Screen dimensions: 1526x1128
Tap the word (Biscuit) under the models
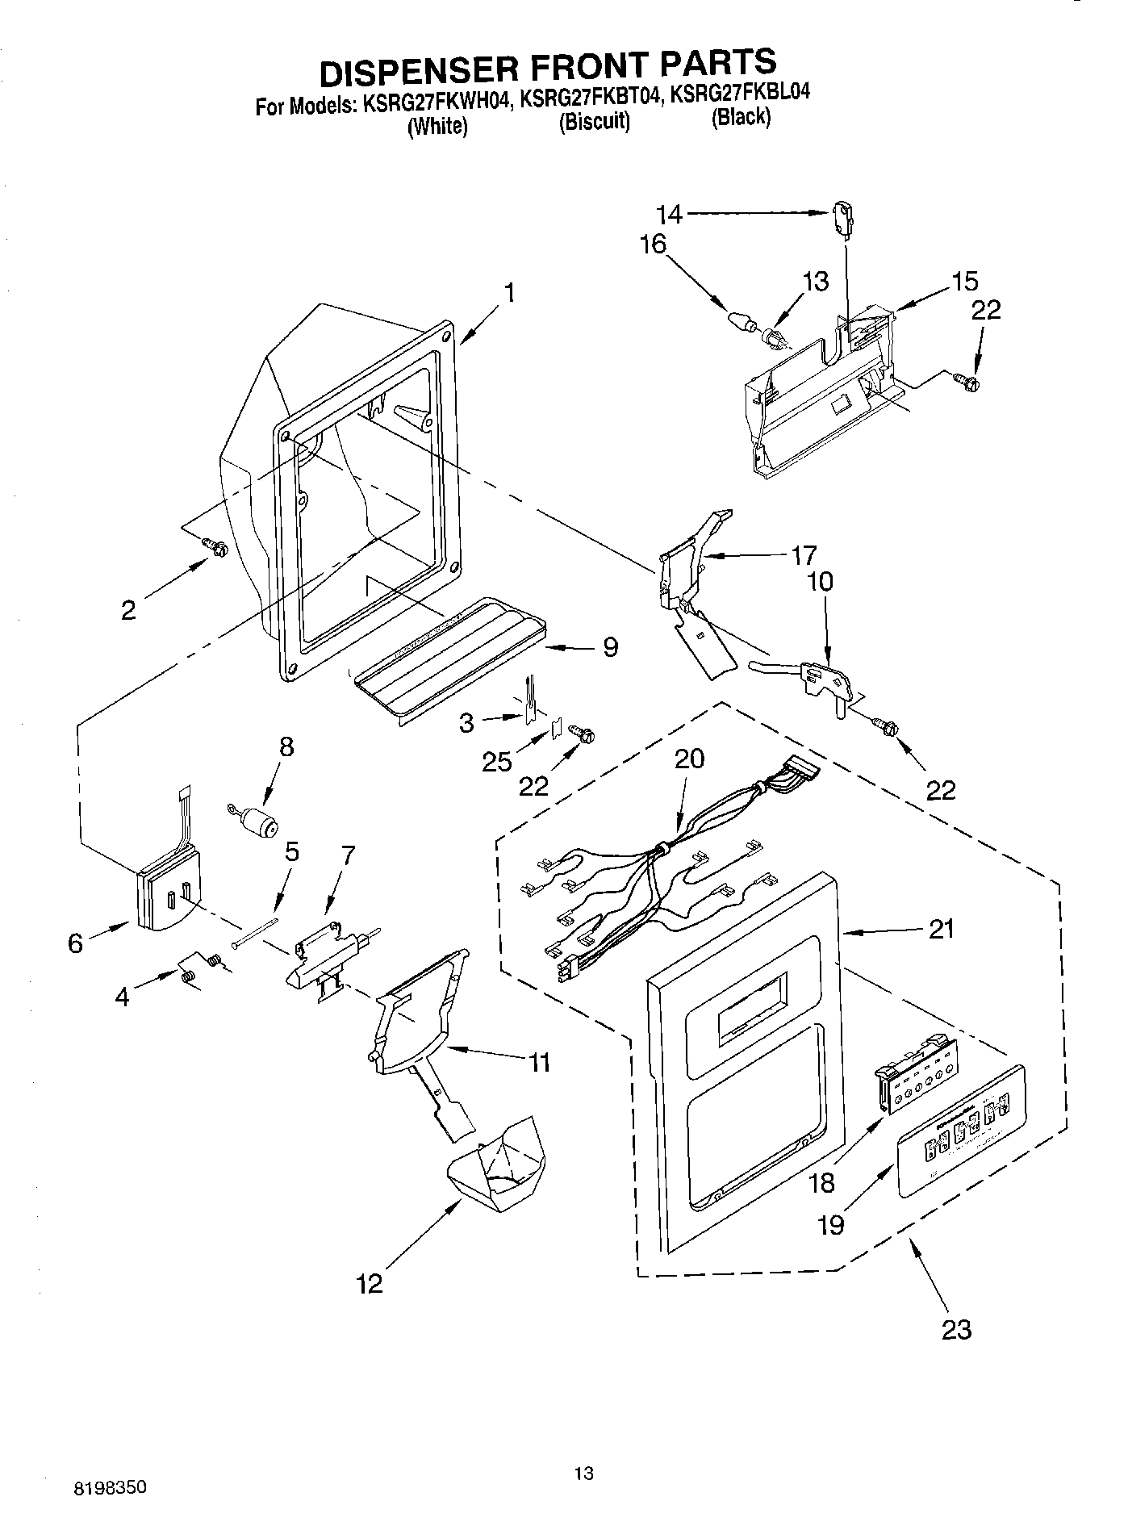click(594, 122)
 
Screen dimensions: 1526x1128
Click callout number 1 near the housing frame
click(509, 293)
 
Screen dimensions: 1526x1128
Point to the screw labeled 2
click(215, 546)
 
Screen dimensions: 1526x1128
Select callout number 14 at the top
click(670, 214)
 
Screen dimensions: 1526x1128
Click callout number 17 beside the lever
click(803, 554)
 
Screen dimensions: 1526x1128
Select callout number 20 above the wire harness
click(689, 759)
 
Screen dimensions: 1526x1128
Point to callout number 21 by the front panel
click(940, 930)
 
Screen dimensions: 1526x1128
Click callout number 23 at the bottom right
click(957, 1328)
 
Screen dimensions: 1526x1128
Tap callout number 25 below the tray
click(498, 760)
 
